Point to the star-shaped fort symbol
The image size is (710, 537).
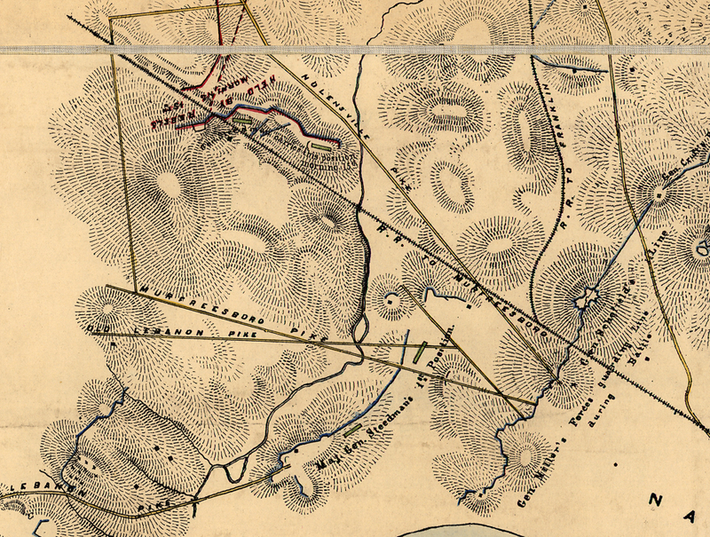[583, 300]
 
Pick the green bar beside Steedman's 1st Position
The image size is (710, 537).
[420, 351]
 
